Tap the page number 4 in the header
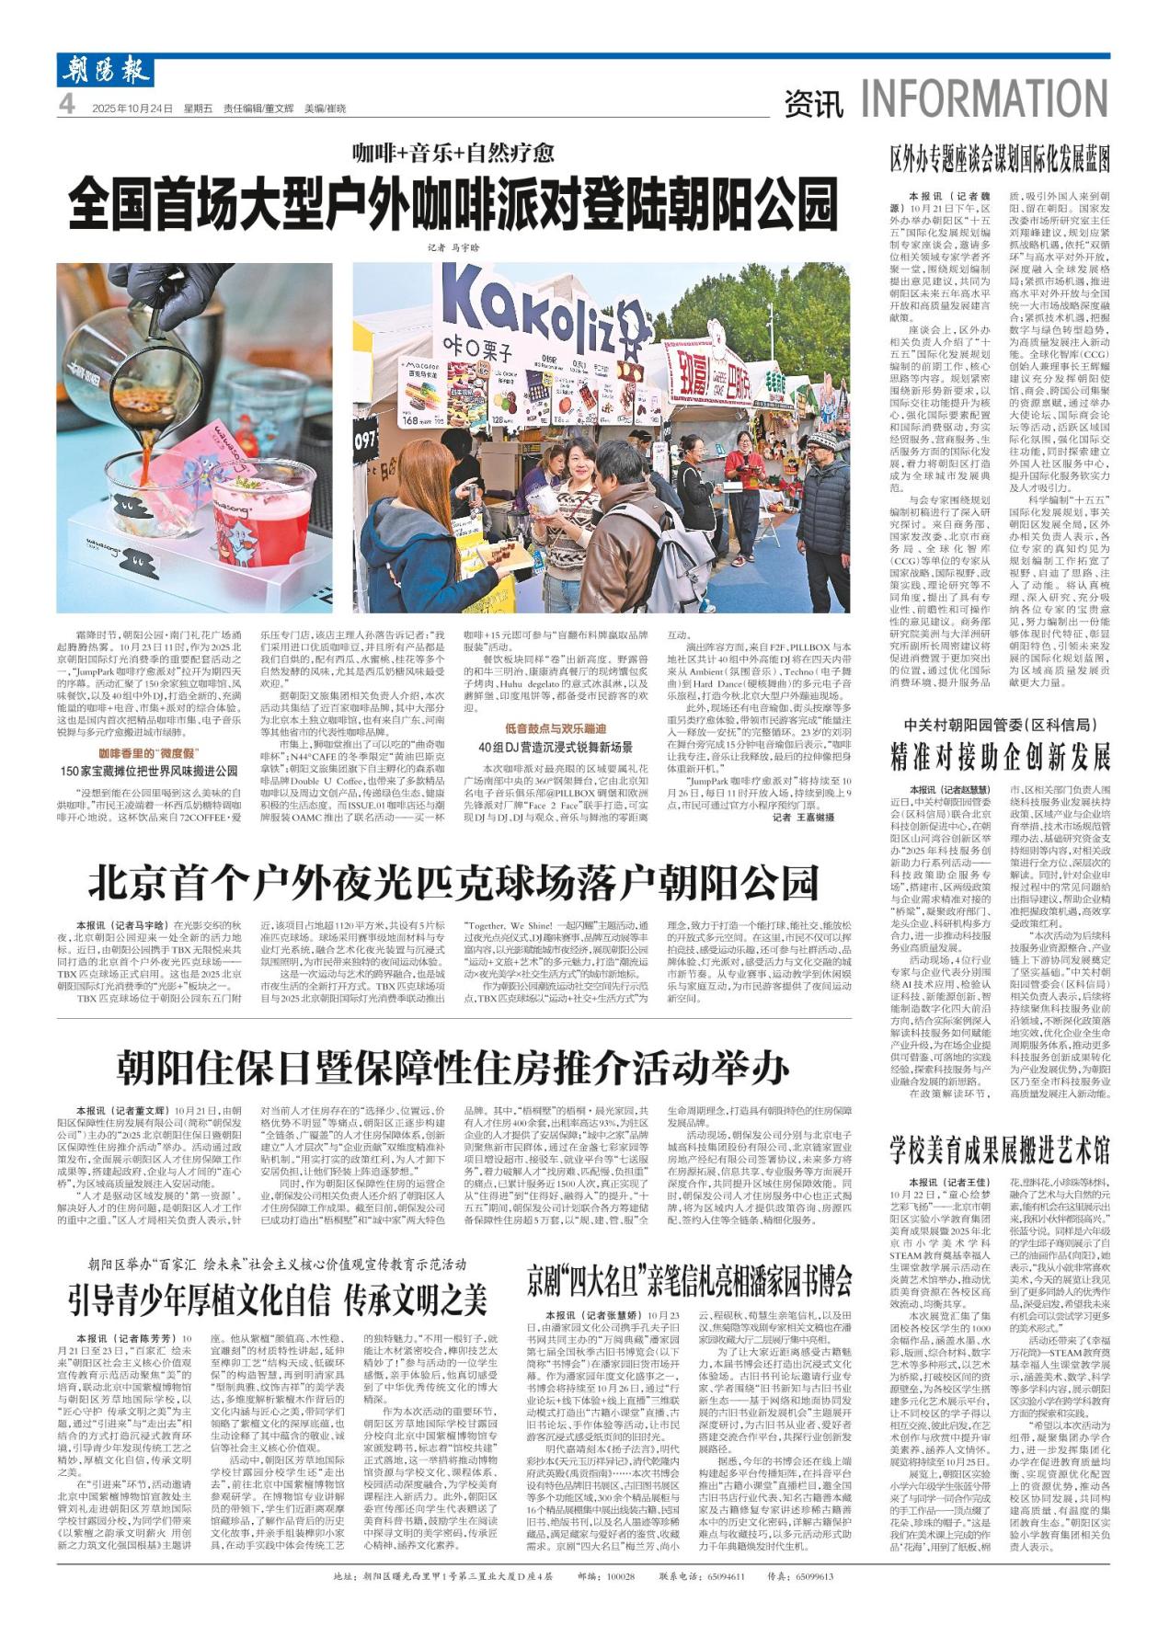point(67,107)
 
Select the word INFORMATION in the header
point(984,99)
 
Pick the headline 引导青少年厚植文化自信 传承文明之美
point(278,1300)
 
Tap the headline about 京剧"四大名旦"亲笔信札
point(689,1279)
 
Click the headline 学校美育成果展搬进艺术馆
point(1000,1150)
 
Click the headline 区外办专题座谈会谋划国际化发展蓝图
point(1000,158)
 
